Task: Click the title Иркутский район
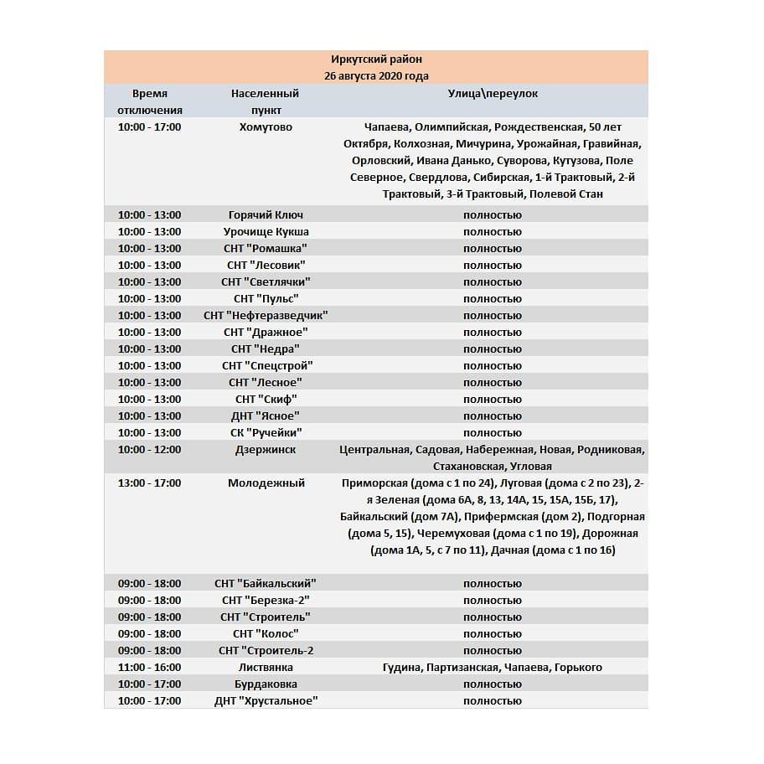tap(377, 59)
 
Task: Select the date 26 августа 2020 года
tap(377, 76)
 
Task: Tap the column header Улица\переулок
tap(493, 94)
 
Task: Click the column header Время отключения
tap(149, 102)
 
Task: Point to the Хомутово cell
tap(266, 127)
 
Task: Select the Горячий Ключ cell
tap(265, 215)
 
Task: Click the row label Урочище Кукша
tap(266, 232)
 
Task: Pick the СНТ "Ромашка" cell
tap(266, 249)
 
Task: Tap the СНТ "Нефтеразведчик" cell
tap(266, 316)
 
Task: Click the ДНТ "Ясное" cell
tap(266, 416)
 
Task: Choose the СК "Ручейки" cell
tap(266, 433)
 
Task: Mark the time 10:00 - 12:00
tap(149, 450)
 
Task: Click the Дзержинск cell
tap(266, 450)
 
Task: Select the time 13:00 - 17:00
tap(149, 483)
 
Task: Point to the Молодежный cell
tap(266, 483)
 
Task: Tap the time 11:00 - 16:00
tap(149, 668)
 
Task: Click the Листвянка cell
tap(266, 668)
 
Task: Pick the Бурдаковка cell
tap(266, 684)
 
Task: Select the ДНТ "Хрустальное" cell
tap(266, 701)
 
